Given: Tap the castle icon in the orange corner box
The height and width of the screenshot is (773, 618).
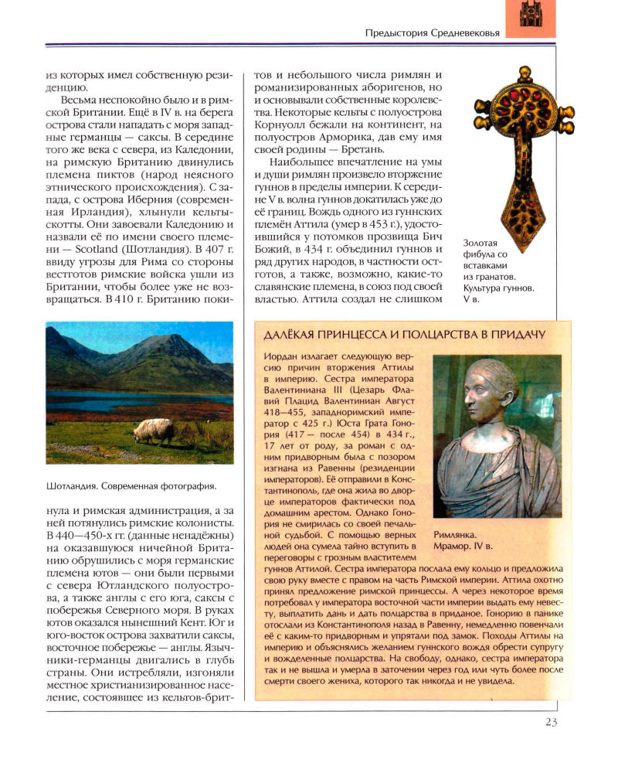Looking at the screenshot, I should click(530, 15).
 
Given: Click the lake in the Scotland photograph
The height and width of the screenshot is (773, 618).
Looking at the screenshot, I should click(116, 403).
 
